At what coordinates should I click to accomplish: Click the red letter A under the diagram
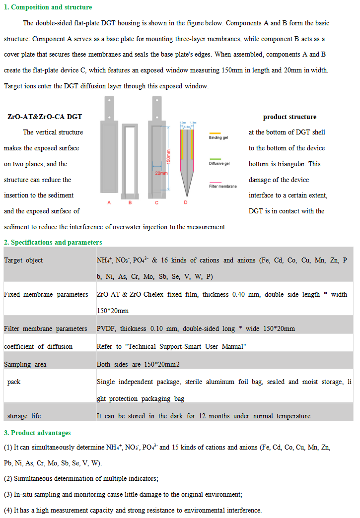(x=109, y=202)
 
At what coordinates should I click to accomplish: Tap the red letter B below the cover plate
(x=130, y=202)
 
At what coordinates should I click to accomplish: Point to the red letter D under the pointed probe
(x=186, y=202)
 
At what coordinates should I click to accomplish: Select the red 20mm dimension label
(x=161, y=174)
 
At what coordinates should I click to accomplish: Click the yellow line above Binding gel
(x=215, y=133)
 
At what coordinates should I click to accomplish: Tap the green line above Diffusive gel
(x=215, y=158)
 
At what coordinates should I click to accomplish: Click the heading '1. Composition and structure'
(x=48, y=7)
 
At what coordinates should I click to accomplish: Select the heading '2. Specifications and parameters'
(x=53, y=243)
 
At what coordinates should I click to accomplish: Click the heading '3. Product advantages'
(x=37, y=433)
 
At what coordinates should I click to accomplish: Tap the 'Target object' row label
(x=23, y=260)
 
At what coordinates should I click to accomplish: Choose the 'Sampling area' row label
(x=25, y=365)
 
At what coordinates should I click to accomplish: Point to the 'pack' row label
(x=14, y=382)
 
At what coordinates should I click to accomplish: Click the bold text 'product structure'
(x=289, y=117)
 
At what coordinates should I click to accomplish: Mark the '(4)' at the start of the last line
(x=8, y=511)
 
